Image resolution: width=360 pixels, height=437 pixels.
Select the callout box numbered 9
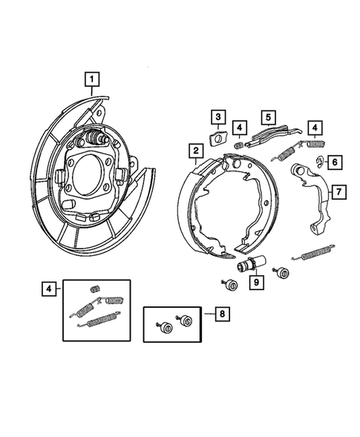256,282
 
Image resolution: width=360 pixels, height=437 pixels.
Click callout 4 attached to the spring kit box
48,288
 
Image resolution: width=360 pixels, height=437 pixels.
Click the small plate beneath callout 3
219,137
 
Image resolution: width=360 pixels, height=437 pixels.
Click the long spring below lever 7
322,254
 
